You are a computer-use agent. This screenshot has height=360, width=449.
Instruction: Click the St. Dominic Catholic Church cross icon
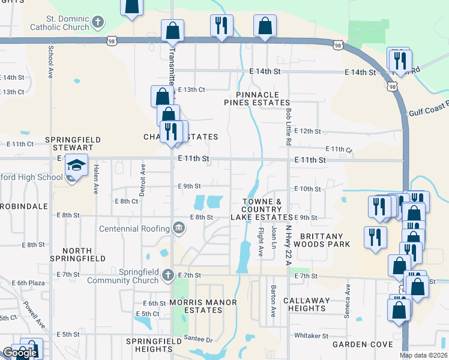point(98,23)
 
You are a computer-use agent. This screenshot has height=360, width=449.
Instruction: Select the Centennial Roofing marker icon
point(179,228)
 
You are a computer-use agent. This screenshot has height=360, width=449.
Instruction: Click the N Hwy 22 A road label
point(289,240)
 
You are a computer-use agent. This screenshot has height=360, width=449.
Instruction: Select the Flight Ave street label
point(261,242)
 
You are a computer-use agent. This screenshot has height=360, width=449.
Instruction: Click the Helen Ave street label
point(95,180)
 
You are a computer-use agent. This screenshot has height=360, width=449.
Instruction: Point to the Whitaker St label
point(311,335)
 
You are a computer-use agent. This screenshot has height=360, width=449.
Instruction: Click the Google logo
point(20,353)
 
